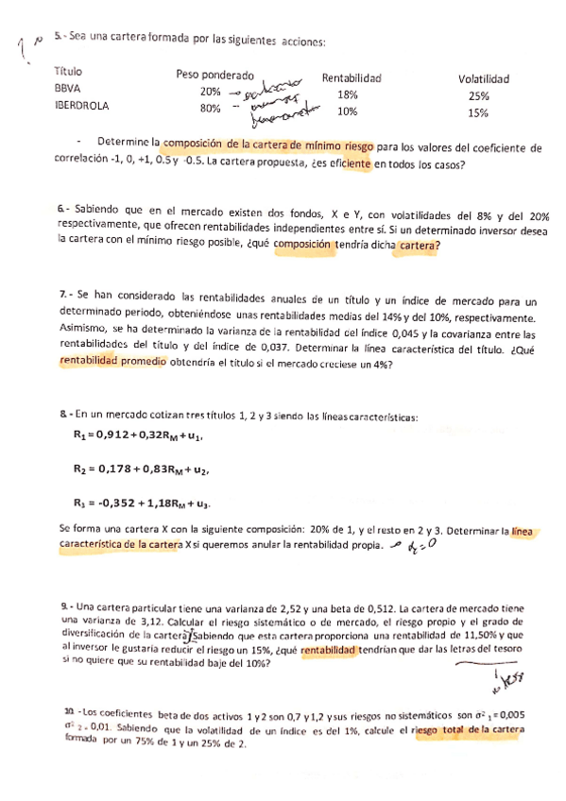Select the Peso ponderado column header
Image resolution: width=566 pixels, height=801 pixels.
coord(214,75)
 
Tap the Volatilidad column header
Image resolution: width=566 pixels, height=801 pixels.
coord(484,79)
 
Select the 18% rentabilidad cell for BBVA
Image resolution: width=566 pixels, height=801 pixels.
coord(347,94)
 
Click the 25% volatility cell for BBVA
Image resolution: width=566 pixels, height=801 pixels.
coord(478,95)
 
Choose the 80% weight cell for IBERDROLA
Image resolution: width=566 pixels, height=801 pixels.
coord(210,109)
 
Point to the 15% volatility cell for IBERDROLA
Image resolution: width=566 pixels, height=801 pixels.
coord(478,112)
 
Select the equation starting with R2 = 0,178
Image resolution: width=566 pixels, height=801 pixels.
coord(141,469)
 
